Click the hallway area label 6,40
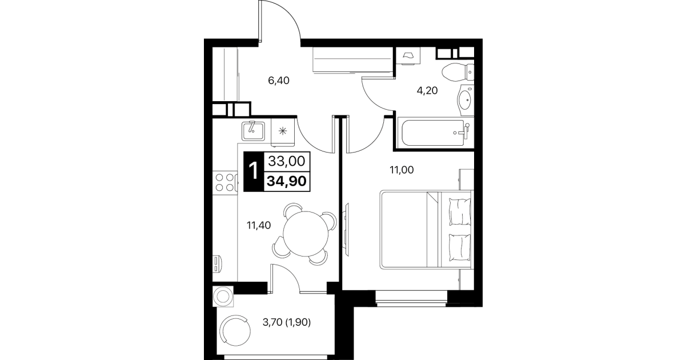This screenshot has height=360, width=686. (278, 81)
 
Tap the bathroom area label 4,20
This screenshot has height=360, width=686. (427, 91)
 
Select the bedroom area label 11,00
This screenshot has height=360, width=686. (402, 170)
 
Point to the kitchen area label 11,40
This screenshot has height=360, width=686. (259, 226)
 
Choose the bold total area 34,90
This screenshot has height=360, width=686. (287, 181)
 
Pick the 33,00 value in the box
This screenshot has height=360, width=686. (287, 161)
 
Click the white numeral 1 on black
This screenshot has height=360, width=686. (254, 171)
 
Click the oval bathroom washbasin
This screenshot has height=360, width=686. (466, 99)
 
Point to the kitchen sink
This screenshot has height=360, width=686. (253, 131)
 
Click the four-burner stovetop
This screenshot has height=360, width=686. (225, 183)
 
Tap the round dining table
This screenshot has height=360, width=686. (306, 234)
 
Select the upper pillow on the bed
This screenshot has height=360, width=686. (459, 211)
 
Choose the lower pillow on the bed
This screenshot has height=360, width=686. (459, 247)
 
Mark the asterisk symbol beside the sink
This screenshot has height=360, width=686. (283, 131)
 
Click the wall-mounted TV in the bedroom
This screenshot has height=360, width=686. (347, 230)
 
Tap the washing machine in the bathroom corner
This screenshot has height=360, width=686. (408, 55)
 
